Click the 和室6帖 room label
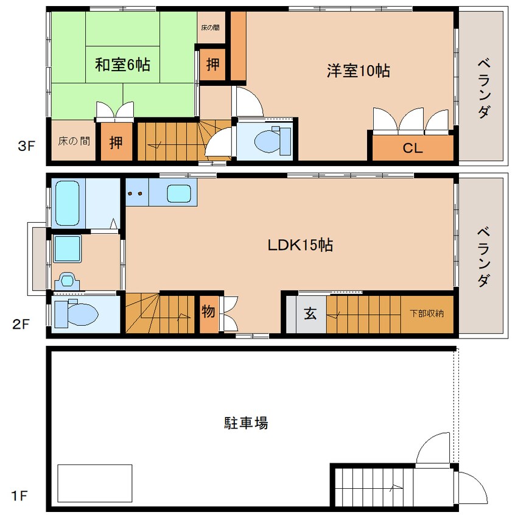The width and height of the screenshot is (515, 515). click(x=122, y=64)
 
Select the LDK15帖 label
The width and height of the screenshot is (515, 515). click(x=300, y=245)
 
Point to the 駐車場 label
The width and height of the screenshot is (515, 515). click(x=246, y=422)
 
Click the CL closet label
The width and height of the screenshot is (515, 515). click(x=413, y=148)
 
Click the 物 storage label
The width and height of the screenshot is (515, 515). click(x=208, y=312)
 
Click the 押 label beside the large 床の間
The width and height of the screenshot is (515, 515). click(x=115, y=142)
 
